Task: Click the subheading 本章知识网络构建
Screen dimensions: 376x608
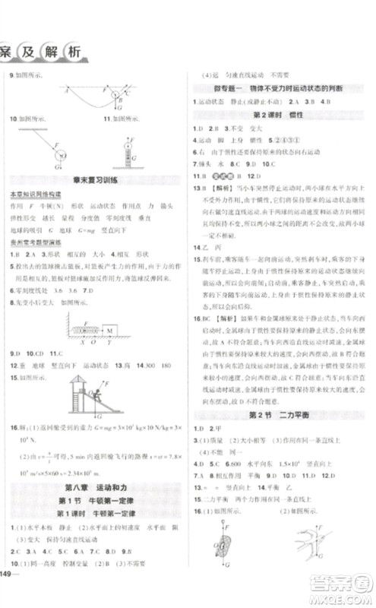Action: (x=29, y=195)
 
